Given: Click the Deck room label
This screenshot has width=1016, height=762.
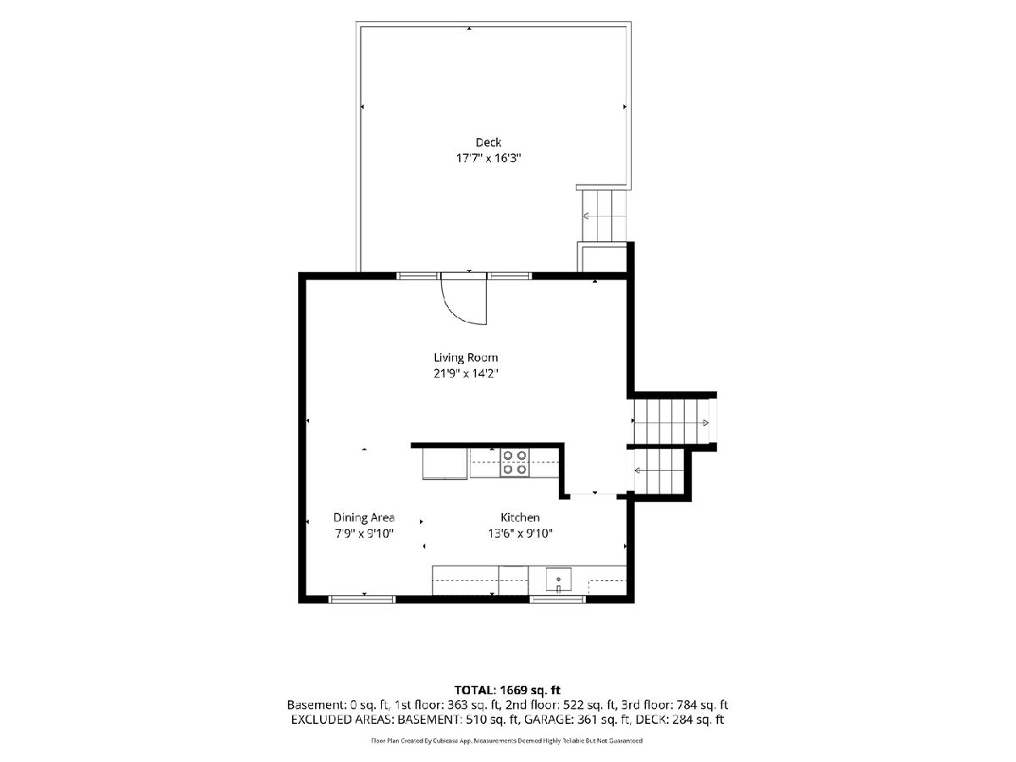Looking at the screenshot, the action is click(x=488, y=142).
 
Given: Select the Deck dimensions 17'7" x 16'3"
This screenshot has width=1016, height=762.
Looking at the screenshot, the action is click(x=489, y=158).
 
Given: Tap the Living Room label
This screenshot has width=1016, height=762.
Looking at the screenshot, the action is click(x=466, y=357).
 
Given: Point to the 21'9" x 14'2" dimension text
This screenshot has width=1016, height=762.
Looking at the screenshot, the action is click(x=466, y=373).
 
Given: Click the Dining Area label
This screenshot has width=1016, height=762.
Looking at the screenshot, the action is click(x=364, y=517).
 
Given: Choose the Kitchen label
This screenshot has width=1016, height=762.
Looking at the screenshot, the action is click(x=520, y=517).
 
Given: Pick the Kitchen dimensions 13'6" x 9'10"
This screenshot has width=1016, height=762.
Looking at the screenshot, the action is click(x=520, y=533).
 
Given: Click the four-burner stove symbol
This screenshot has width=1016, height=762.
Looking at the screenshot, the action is click(x=514, y=462).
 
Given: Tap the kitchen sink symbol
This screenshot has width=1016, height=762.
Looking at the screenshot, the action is click(x=558, y=580).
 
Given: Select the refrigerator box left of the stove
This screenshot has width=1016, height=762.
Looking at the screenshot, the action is click(x=444, y=464).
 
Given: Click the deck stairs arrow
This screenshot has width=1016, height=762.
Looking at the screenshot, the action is click(x=598, y=216).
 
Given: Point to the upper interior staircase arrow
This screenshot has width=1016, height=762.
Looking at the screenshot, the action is click(x=671, y=422).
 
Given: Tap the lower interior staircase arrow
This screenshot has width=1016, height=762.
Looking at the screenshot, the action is click(x=659, y=471).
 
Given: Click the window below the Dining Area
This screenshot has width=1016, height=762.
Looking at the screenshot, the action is click(x=362, y=599).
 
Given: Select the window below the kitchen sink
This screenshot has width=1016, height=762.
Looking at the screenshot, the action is click(x=558, y=599).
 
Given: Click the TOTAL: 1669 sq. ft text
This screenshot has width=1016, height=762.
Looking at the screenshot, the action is click(x=507, y=690).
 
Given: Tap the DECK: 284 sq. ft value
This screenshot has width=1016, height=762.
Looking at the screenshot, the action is click(x=680, y=720).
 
